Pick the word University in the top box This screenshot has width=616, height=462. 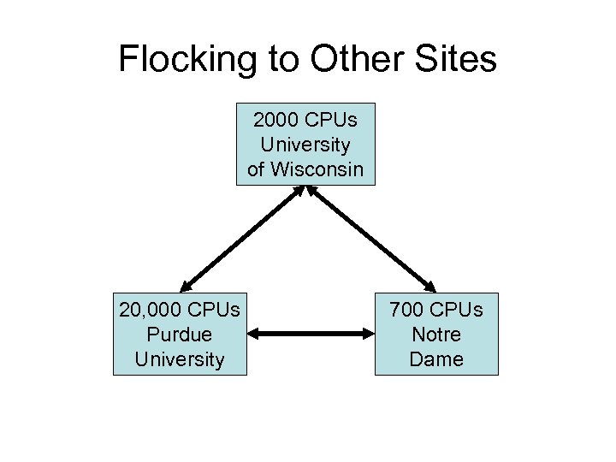click(305, 144)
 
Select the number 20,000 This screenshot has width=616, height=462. click(151, 309)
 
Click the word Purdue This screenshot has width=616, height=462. click(180, 334)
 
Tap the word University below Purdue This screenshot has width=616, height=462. click(180, 358)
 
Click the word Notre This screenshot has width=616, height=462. click(436, 334)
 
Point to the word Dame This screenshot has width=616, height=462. click(436, 358)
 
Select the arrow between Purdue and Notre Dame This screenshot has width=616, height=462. click(311, 335)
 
